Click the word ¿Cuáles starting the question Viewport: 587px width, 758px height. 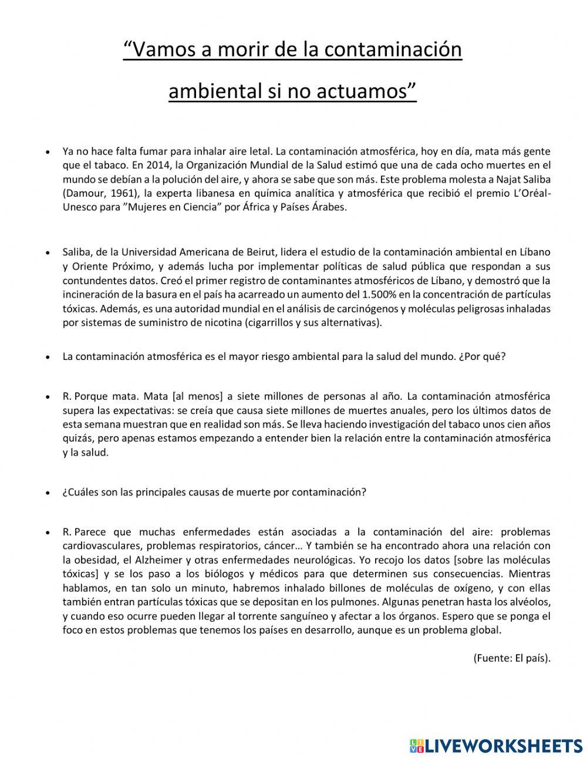[x=80, y=492]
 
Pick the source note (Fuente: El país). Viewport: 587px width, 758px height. [x=511, y=658]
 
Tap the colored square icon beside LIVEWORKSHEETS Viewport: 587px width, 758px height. [x=417, y=745]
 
